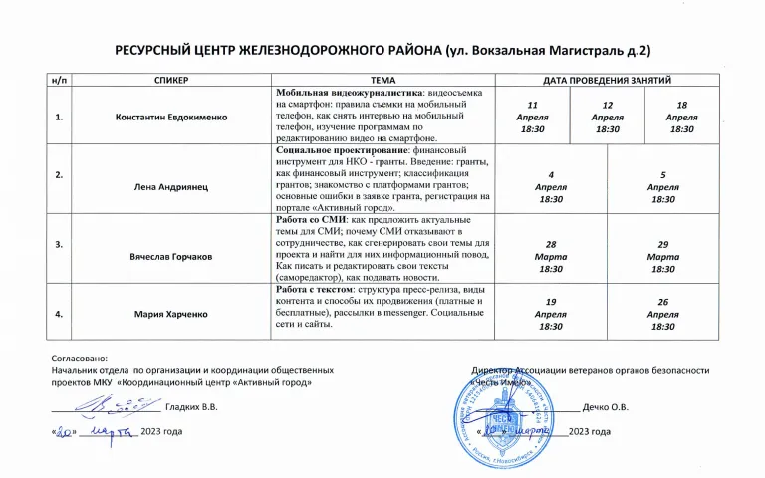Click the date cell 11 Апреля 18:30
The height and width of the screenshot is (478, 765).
pos(533,117)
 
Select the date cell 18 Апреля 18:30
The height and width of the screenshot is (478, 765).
pos(682,117)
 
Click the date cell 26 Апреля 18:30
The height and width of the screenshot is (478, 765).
pos(662,314)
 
